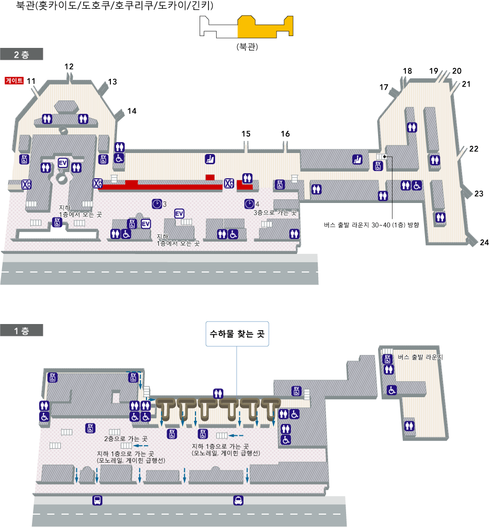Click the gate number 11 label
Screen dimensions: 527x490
click(31, 81)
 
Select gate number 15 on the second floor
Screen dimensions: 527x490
click(246, 134)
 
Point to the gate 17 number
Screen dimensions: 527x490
click(384, 87)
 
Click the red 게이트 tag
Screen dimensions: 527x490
click(14, 81)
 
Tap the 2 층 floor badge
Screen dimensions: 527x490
click(22, 54)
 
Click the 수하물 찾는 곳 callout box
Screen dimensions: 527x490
click(237, 334)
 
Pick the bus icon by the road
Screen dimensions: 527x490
click(97, 500)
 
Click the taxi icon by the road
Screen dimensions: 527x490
click(238, 500)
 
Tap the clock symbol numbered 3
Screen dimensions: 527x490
click(157, 204)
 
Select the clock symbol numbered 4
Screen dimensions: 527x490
click(249, 204)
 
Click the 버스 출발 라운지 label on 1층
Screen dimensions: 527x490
click(420, 357)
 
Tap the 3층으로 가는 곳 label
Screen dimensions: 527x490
click(275, 212)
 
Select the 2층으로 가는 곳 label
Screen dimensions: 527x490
click(126, 438)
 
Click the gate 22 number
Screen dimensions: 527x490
click(473, 149)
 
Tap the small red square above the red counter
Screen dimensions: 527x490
click(209, 177)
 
